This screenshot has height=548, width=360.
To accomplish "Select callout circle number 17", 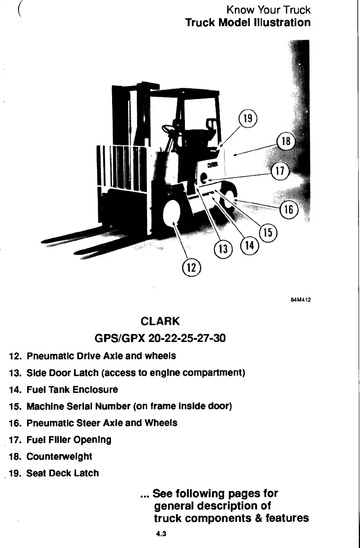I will (x=280, y=171).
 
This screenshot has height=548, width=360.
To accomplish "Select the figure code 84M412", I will (x=301, y=301).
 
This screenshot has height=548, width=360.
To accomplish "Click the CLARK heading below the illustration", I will (x=160, y=321).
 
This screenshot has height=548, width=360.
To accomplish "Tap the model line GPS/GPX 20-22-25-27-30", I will (x=160, y=338).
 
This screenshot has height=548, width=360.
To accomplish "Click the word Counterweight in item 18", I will (x=59, y=456).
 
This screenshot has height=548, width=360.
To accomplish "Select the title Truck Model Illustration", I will (x=247, y=22).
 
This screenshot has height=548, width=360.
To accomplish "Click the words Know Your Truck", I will (x=268, y=9).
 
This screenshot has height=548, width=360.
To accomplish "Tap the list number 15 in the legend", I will (x=14, y=406).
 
